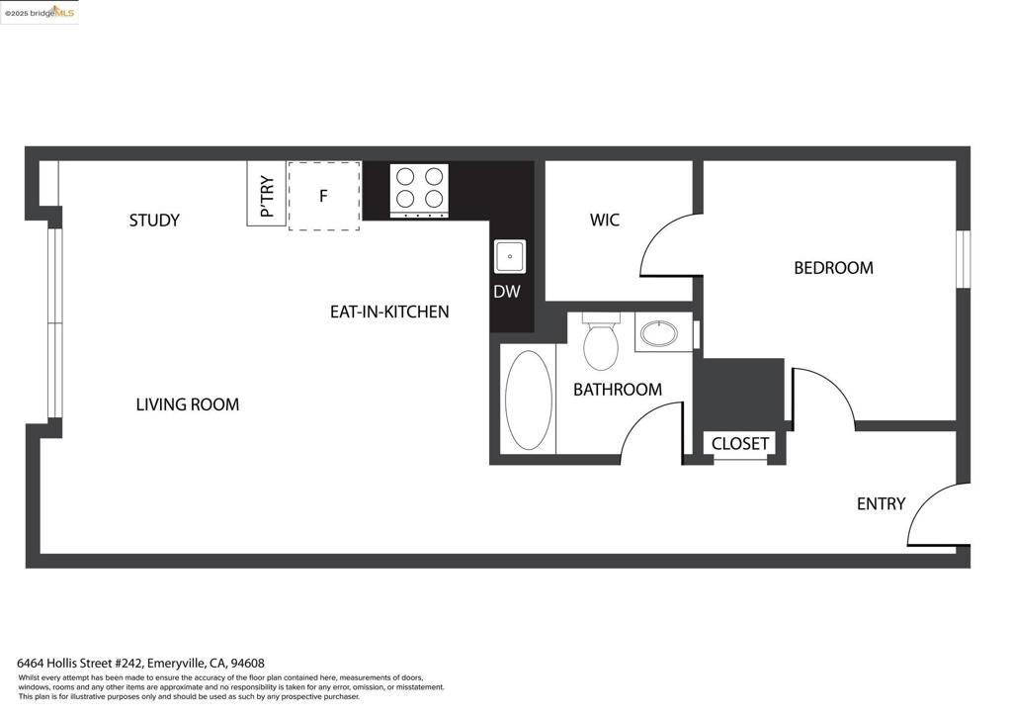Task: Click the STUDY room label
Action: [154, 220]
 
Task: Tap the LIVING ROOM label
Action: [187, 404]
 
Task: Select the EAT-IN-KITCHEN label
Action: [389, 312]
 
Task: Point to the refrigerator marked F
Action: [323, 196]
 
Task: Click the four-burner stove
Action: [419, 189]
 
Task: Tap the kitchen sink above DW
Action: [510, 256]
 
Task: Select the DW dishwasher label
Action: [507, 292]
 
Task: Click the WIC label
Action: [605, 220]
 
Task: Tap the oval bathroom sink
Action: [659, 332]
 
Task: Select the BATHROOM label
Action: [618, 390]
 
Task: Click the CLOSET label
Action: [740, 444]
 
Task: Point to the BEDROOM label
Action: [833, 268]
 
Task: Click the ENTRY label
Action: [881, 503]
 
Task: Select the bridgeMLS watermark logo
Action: [40, 12]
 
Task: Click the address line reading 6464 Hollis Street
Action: [141, 663]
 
